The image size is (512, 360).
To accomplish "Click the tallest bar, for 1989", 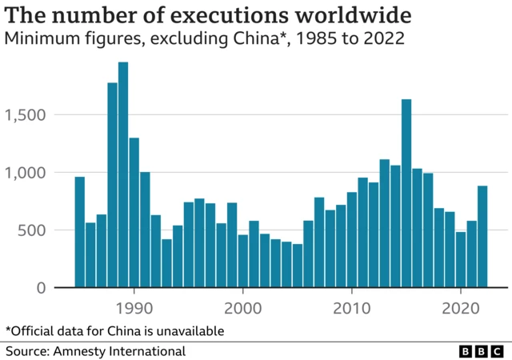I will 123,175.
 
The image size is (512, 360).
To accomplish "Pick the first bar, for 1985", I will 79,232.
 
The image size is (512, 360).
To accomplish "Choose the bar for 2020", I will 461,259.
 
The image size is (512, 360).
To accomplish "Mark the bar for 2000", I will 242,261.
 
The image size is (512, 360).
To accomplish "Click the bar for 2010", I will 352,240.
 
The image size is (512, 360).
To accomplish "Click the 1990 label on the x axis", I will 134,307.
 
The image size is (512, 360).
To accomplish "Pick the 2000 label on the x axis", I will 242,307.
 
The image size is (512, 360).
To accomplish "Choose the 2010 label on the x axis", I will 352,307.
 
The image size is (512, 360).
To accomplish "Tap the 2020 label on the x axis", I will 461,307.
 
